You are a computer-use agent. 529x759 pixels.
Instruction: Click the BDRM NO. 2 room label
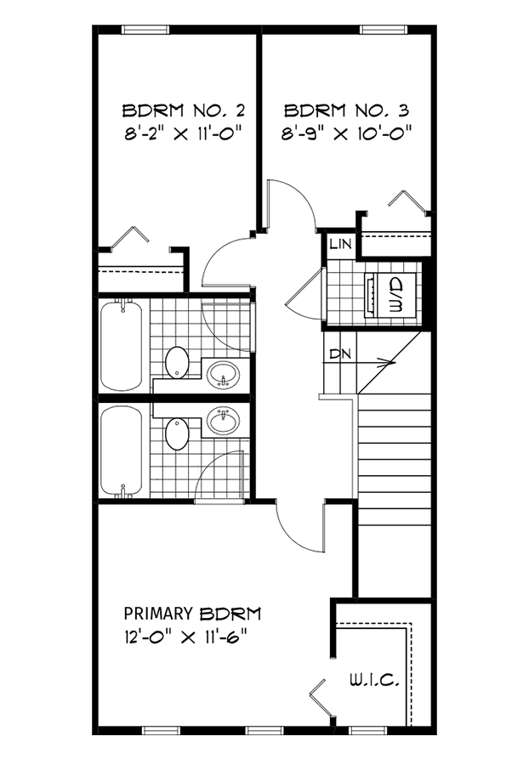[x=184, y=110]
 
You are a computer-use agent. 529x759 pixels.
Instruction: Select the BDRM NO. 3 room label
[x=348, y=110]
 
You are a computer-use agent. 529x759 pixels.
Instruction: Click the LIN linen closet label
[x=340, y=245]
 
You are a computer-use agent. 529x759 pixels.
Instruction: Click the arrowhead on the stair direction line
[x=390, y=364]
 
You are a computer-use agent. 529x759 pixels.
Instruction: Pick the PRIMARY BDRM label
[x=192, y=613]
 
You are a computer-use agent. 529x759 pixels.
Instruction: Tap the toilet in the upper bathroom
[x=177, y=362]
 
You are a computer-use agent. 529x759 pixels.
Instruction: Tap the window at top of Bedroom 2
[x=145, y=30]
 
